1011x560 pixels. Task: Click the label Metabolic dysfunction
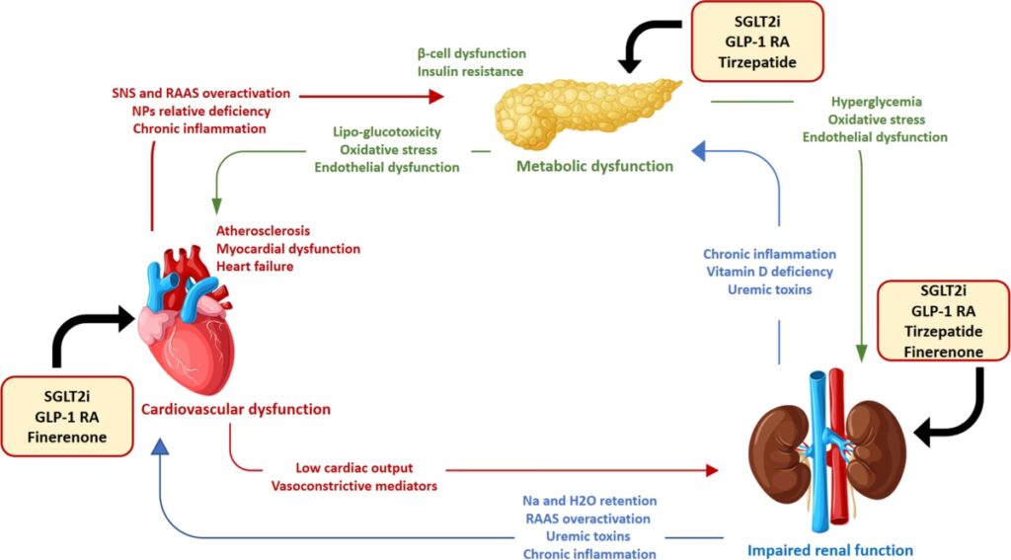[x=595, y=166]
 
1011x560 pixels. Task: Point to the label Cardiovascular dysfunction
[x=235, y=408]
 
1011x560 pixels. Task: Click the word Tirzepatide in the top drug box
[x=756, y=65]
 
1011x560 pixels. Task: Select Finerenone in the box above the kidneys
[x=944, y=352]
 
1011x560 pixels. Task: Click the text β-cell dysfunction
[x=471, y=52]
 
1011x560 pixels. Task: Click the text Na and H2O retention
[x=589, y=501]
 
